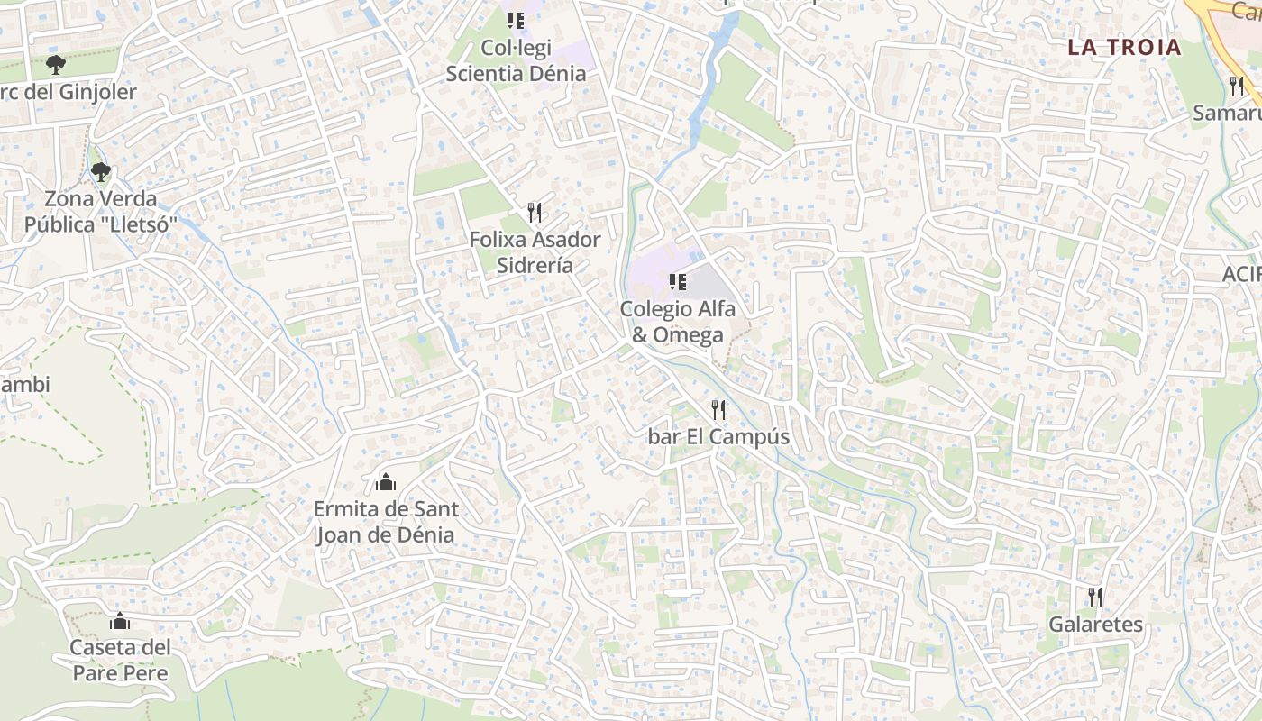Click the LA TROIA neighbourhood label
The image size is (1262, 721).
point(1124,47)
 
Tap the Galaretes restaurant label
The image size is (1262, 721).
point(1095,625)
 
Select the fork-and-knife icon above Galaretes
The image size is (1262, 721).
point(1095,597)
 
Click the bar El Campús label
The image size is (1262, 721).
point(718,437)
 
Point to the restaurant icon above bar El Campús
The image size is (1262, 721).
point(718,410)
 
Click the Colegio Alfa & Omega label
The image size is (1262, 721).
point(677,322)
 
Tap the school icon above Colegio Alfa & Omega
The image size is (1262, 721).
point(678,282)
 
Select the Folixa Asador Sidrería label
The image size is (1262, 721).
point(535,252)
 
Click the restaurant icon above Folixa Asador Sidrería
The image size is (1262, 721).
point(535,213)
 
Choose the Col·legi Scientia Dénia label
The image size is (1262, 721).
point(516,60)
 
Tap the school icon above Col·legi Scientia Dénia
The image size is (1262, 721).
point(516,20)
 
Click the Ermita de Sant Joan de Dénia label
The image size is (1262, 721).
point(386,522)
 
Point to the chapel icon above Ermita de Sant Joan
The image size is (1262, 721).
point(386,482)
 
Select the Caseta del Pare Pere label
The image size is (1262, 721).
point(120,660)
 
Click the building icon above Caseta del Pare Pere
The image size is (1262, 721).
point(120,621)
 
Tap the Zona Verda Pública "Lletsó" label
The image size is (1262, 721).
point(101,212)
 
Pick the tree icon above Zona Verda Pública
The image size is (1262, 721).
point(100,171)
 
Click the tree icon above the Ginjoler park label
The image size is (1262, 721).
point(56,64)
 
